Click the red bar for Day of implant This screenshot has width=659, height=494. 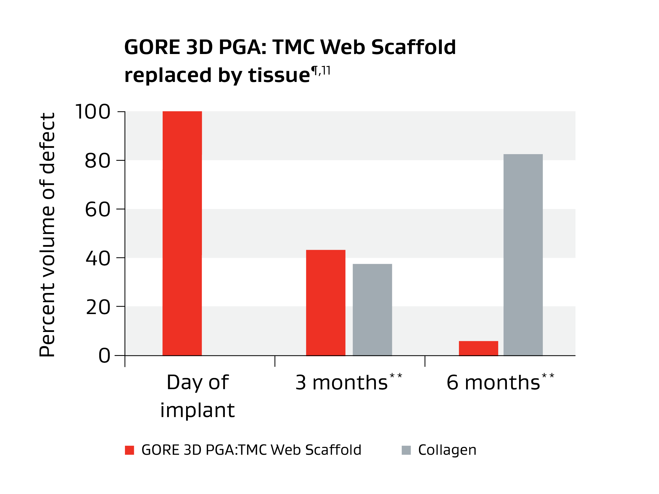point(182,233)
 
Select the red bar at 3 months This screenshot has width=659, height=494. point(326,302)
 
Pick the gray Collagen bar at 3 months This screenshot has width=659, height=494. point(372,310)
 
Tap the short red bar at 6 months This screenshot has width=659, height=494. point(478,348)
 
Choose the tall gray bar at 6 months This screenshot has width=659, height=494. point(523,255)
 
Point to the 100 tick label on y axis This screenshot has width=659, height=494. point(93,112)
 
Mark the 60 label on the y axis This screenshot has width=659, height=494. point(98,210)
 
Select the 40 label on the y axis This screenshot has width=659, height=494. point(98,258)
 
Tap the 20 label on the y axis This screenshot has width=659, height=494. point(98,307)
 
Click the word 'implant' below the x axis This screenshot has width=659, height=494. point(197,411)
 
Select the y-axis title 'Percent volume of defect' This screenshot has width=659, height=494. point(47,235)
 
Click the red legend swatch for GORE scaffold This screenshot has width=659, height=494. point(129,450)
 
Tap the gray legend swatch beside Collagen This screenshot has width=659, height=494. point(406,450)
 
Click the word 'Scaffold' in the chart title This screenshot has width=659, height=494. point(414,47)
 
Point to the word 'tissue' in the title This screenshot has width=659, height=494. point(279,75)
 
